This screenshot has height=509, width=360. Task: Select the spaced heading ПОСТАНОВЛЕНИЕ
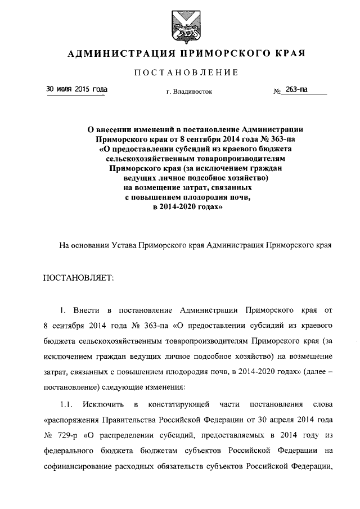(186, 73)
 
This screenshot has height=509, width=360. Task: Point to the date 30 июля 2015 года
(76, 89)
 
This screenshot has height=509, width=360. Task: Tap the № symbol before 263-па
(277, 91)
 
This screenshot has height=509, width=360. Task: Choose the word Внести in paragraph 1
(87, 310)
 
